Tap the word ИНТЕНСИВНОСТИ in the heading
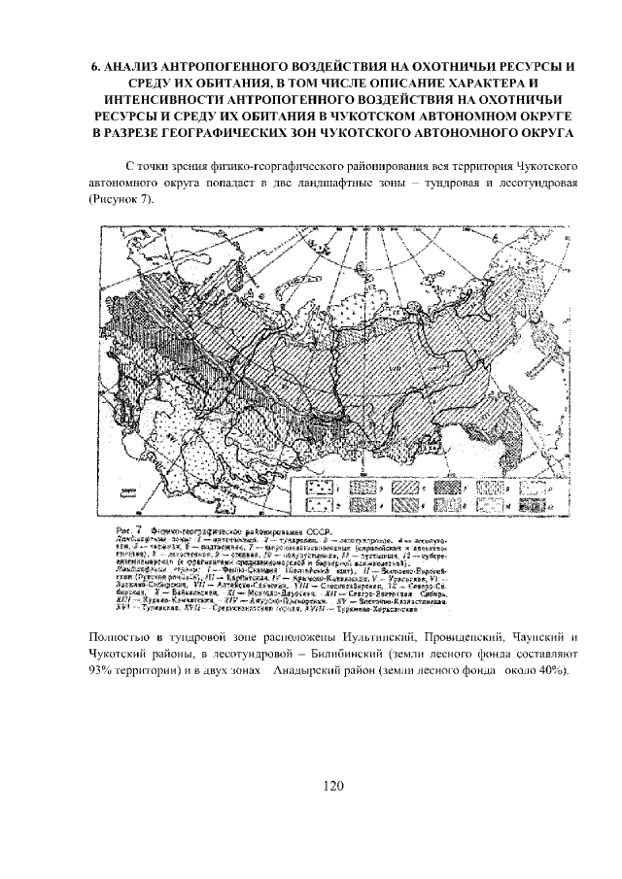150,99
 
